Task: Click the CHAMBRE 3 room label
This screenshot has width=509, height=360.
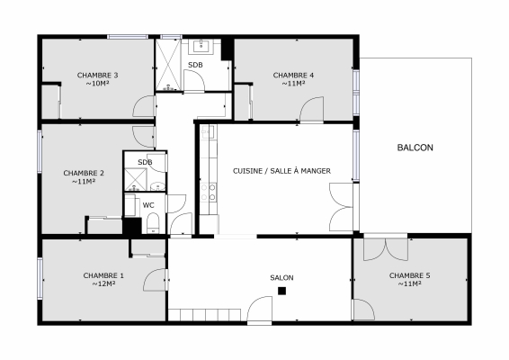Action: (x=98, y=75)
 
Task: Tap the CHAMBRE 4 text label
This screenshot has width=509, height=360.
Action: (x=293, y=75)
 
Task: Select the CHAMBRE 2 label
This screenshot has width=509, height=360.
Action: (x=84, y=173)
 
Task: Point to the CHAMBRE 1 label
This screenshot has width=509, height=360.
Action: (x=103, y=275)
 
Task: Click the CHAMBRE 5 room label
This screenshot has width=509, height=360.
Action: (x=409, y=275)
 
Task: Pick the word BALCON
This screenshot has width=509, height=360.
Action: (x=415, y=148)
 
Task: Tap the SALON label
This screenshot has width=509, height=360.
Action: (x=281, y=277)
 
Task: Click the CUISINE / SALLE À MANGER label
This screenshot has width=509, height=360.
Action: (x=281, y=171)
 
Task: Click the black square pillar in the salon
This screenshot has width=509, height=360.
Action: (x=281, y=292)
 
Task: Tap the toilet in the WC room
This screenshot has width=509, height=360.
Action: (x=152, y=222)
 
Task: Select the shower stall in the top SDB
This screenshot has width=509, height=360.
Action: (x=169, y=65)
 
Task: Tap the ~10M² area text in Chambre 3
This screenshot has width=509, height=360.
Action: (x=98, y=84)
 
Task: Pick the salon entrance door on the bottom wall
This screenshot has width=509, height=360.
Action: (x=261, y=313)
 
